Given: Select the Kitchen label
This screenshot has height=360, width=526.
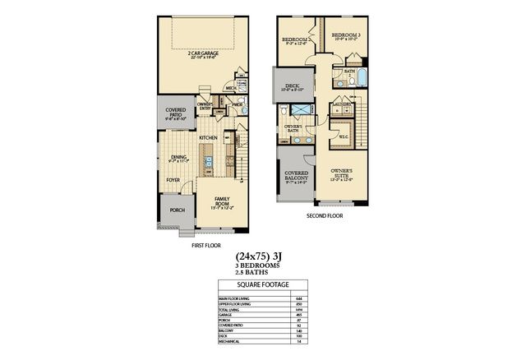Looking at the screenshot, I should tap(208, 138).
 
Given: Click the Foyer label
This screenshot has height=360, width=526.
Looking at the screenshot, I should tap(173, 179).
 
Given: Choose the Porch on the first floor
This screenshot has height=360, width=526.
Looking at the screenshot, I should tap(177, 210).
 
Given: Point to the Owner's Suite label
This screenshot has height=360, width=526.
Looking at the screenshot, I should tap(342, 173).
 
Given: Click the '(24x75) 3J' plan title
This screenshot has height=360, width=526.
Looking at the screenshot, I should tap(263, 256).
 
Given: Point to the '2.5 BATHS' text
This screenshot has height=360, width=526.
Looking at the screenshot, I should tap(263, 273).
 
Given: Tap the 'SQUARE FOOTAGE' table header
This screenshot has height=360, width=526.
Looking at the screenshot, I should tap(263, 285).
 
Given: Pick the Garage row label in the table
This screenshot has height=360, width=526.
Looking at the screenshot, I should tap(224, 315).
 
